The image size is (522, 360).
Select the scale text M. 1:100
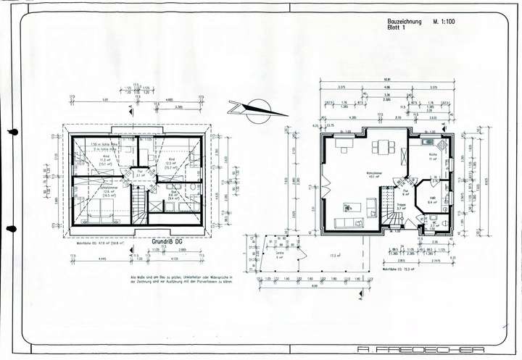444,23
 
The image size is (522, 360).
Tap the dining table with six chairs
380,148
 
